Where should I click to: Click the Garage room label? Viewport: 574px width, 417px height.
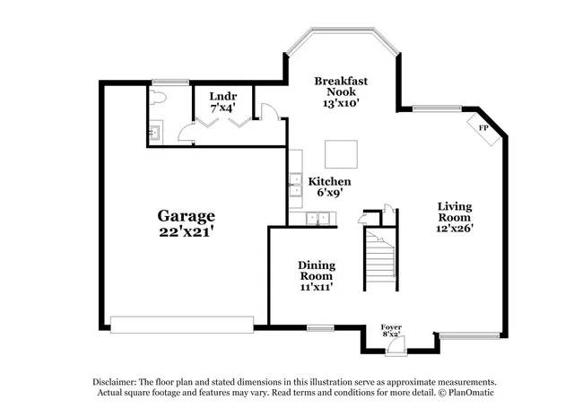(x=186, y=215)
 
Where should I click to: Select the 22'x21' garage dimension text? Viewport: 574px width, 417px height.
(x=186, y=230)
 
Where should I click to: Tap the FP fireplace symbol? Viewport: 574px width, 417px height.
(x=483, y=128)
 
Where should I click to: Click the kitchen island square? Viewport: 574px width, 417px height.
(x=342, y=154)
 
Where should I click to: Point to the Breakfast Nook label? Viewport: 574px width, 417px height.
(x=341, y=86)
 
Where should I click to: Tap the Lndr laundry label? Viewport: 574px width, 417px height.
(x=222, y=96)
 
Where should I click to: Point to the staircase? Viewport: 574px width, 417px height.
(x=381, y=258)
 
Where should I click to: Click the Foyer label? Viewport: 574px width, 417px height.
(x=391, y=327)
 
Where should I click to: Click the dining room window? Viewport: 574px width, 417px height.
(x=319, y=326)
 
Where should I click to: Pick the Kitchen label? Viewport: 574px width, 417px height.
(x=326, y=181)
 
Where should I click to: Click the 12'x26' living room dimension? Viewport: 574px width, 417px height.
(x=454, y=228)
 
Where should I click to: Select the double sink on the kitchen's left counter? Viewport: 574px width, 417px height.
(x=294, y=185)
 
